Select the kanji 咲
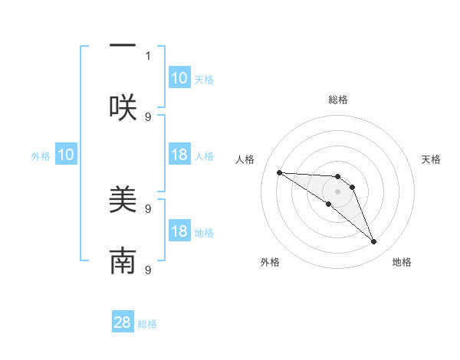coord(123,106)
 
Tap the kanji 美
coord(123,201)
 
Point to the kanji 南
coord(123,261)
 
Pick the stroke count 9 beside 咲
coord(148,116)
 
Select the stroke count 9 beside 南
coord(148,270)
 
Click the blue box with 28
coord(123,322)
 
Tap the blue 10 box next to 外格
coord(65,155)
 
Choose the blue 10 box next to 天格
coord(179,78)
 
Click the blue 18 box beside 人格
coord(179,155)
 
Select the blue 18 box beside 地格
coord(179,231)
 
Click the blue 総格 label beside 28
coord(147,324)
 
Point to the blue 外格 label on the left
coord(41,156)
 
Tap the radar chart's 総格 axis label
coord(338,100)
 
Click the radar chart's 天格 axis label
coord(431,159)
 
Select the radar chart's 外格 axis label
coord(269,262)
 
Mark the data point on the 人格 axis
coord(279,172)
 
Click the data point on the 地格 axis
coord(373,242)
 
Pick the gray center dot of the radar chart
coord(337,191)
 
